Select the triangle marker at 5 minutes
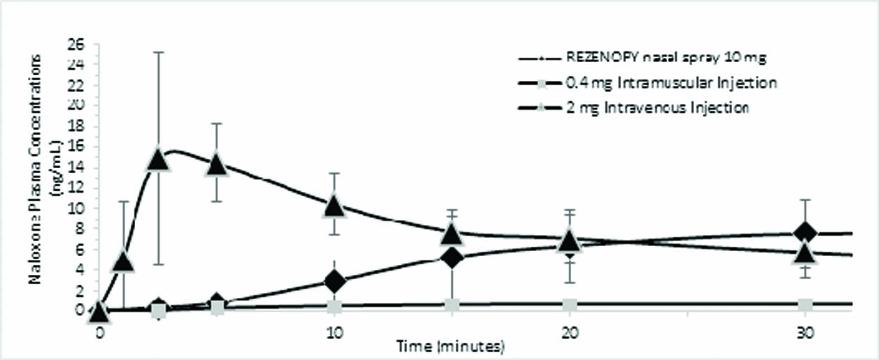(217, 165)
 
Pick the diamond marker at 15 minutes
(452, 257)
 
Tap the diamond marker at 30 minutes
(805, 232)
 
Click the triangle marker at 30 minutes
(805, 253)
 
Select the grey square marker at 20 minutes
(570, 305)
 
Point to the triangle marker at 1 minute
(124, 262)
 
